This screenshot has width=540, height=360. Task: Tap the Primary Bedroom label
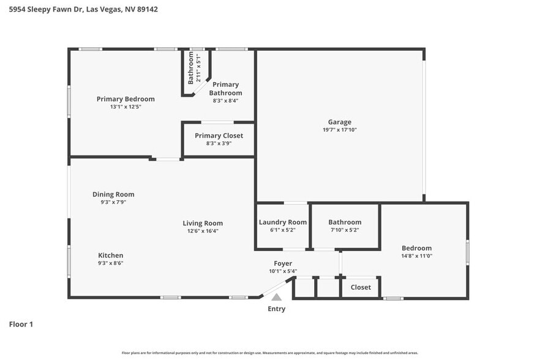126,99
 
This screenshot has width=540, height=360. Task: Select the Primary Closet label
219,135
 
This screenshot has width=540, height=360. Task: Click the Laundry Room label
282,222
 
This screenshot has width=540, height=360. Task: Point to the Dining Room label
113,194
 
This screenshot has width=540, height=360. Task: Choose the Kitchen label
111,255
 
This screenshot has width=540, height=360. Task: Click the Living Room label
203,223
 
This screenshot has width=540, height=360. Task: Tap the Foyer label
283,263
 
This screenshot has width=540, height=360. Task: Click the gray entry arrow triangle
277,297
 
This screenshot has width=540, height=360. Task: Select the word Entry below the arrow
276,309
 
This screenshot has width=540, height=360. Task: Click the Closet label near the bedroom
361,287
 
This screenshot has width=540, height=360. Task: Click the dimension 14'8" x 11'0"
416,256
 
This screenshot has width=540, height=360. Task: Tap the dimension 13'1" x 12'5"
126,107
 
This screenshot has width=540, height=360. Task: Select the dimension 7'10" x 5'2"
345,230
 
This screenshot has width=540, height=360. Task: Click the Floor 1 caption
21,324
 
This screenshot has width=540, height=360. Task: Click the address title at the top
83,9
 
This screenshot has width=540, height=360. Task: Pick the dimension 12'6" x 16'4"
203,231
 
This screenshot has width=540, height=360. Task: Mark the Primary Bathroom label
225,89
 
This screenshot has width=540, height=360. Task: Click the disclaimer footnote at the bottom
270,353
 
